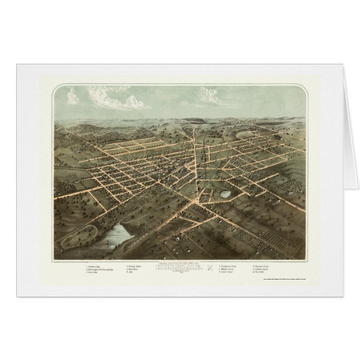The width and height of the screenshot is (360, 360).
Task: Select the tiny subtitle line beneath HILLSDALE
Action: coord(179,271)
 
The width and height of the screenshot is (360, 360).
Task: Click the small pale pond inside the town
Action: coord(226,194)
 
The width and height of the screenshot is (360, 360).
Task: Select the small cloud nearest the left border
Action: coord(72,98)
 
